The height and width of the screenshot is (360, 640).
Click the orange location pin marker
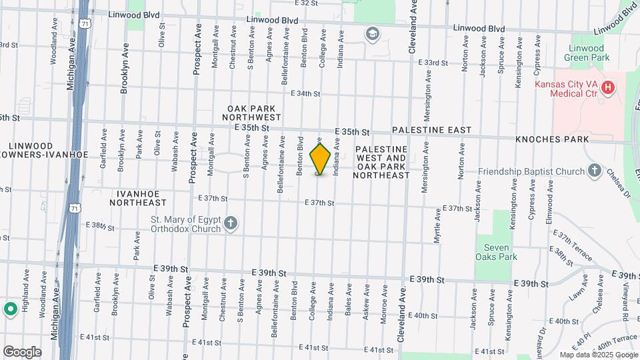320,159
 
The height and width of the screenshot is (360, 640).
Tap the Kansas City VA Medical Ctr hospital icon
607,87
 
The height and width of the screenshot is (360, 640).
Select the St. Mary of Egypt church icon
230,223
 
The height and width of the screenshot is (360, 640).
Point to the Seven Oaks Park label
497,252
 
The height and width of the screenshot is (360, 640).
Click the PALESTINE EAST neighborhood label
431,130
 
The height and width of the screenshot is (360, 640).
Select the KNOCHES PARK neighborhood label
552,139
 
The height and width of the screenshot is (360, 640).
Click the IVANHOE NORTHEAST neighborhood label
138,197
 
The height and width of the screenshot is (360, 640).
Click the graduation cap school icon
371,34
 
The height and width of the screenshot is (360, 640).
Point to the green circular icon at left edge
10,309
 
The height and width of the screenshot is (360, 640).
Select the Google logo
21,352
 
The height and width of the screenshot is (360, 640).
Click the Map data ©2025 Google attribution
598,355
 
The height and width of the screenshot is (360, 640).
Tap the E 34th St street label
305,94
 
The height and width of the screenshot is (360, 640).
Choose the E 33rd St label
433,63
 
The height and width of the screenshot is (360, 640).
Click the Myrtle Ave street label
437,226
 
